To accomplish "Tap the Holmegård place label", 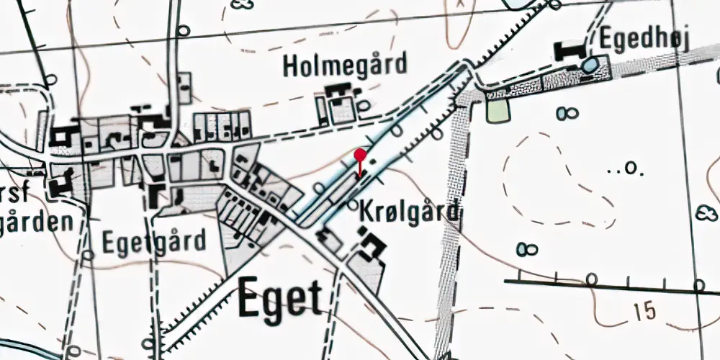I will pos(345,65).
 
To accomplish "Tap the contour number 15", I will pos(646,311).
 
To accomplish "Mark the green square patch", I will pos(497,110).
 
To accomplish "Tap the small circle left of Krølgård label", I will pos(352,205).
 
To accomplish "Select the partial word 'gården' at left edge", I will pos(36,221).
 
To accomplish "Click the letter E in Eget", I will pos(249,297).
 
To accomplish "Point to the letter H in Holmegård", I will pos(291,66).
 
